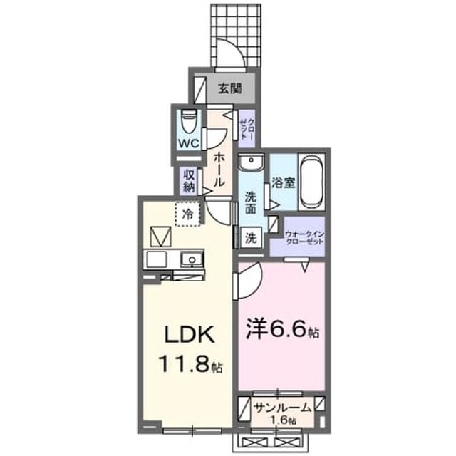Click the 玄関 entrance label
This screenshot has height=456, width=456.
230,88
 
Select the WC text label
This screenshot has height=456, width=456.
189,143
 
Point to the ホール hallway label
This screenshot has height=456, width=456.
219,170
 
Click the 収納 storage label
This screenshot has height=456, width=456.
188,180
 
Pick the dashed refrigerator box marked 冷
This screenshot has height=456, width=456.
188,214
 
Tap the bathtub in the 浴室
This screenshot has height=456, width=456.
311,182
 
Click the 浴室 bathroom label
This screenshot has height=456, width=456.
284,182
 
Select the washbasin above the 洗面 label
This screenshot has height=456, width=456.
251,162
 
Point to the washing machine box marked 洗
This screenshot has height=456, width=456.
251,238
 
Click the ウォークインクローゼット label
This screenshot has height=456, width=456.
304,237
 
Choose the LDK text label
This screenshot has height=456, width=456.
190,334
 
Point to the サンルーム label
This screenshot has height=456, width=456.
282,408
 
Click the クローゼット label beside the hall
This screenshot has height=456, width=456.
247,128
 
